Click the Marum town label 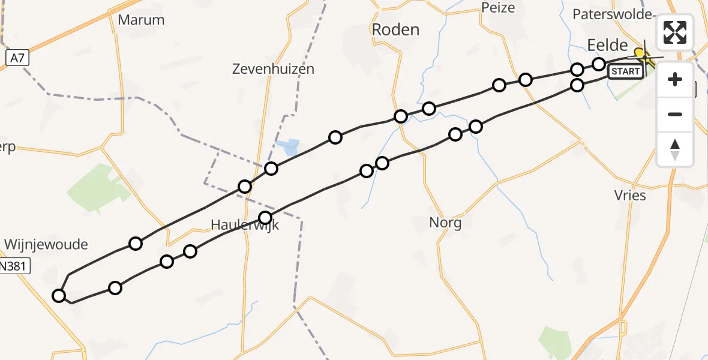(x=141, y=20)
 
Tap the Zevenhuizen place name (x=273, y=69)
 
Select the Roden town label (x=395, y=29)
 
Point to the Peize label (x=498, y=8)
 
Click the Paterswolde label (x=612, y=14)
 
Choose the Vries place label (x=630, y=195)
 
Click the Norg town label (x=445, y=223)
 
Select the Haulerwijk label (x=245, y=226)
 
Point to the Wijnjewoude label (x=46, y=244)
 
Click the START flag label (x=625, y=72)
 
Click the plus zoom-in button (x=675, y=79)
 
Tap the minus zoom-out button (x=675, y=114)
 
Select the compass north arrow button (x=675, y=149)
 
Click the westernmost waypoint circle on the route (x=59, y=295)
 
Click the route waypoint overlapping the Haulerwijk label (x=265, y=217)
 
